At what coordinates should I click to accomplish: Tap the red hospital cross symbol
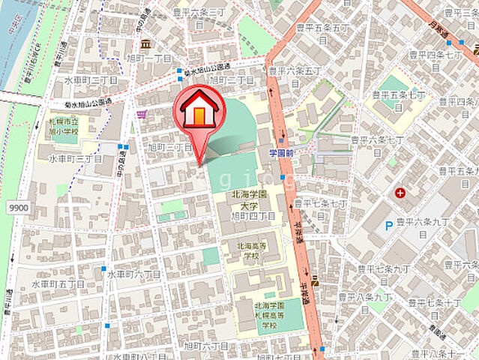(400, 193)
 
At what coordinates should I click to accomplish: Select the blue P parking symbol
(388, 225)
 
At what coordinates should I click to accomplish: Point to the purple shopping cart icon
(141, 115)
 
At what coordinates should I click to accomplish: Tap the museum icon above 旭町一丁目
(144, 43)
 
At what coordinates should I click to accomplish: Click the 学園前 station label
(284, 152)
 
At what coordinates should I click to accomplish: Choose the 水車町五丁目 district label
(58, 284)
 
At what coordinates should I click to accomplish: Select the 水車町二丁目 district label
(90, 79)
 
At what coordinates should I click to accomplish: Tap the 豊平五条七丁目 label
(399, 101)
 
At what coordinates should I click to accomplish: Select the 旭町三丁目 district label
(173, 148)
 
